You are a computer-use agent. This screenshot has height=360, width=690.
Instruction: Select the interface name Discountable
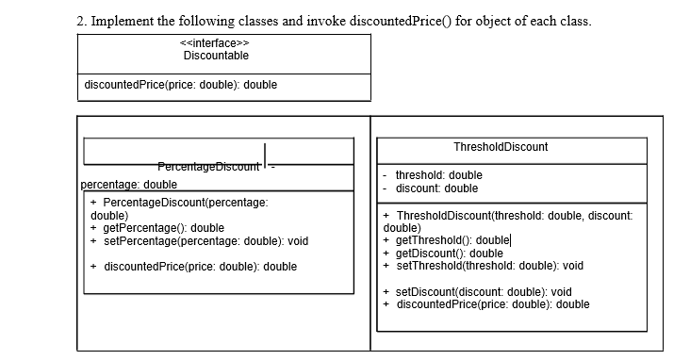[x=216, y=56]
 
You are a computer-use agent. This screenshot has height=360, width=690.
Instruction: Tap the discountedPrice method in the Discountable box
[x=181, y=86]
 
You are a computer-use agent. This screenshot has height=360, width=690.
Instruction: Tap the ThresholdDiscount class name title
[x=500, y=147]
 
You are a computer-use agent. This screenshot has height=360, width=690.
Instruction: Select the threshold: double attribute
[x=438, y=175]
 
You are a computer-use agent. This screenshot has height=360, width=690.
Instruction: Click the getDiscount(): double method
[x=450, y=253]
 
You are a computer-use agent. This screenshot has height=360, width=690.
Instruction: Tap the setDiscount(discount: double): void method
[x=484, y=291]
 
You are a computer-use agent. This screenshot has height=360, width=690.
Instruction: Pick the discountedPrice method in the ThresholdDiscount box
[x=492, y=304]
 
